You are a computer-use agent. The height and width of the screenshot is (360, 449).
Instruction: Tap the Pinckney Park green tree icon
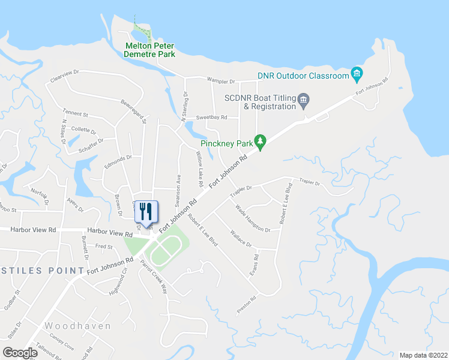260,142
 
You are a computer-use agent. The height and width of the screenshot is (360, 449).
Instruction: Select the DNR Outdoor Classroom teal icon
357,76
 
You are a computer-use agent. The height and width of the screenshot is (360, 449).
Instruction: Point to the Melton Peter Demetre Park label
149,50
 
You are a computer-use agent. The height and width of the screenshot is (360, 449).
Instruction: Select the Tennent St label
75,113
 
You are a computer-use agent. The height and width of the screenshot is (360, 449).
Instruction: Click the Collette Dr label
83,130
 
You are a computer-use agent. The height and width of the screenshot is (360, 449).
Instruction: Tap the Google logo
20,353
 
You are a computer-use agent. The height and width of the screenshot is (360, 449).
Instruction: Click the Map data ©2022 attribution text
423,355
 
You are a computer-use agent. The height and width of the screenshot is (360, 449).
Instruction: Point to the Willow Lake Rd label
199,167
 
